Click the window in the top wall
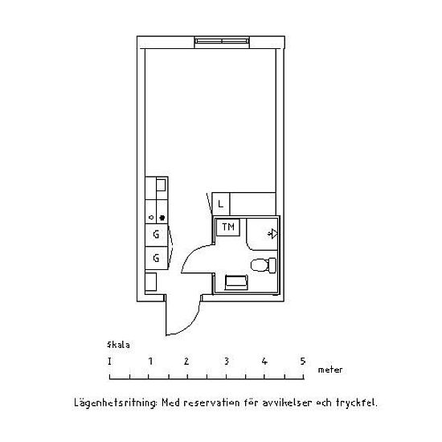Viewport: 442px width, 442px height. (222, 42)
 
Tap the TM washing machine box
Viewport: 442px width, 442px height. (228, 227)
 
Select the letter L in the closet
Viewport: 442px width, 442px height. (220, 204)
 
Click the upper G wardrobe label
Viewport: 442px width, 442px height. (156, 234)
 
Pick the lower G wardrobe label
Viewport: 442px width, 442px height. (156, 258)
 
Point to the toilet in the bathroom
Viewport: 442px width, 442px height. (264, 265)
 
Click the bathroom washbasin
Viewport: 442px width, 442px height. (236, 282)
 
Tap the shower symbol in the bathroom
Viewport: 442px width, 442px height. (272, 234)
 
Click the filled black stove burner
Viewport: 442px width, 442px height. (162, 218)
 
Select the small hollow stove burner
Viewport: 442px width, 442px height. (151, 217)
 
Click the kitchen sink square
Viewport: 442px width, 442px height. (161, 185)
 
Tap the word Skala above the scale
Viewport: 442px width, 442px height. (118, 345)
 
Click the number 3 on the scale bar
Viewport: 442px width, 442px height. (227, 361)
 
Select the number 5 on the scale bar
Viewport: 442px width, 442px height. (303, 361)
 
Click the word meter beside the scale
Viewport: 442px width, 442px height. (330, 370)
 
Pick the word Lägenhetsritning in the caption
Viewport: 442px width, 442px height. (114, 403)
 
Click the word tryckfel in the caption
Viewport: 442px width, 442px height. (355, 403)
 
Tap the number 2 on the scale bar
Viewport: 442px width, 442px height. (186, 361)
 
